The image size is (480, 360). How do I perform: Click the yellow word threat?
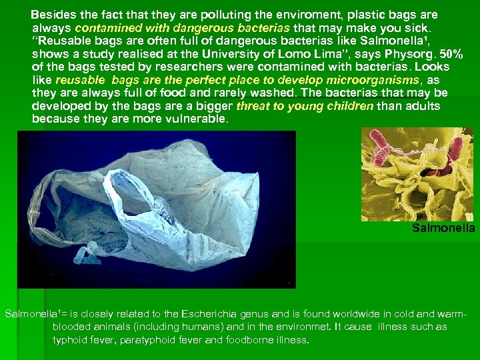coord(251,107)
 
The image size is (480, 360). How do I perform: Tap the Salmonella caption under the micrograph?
coord(443,229)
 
